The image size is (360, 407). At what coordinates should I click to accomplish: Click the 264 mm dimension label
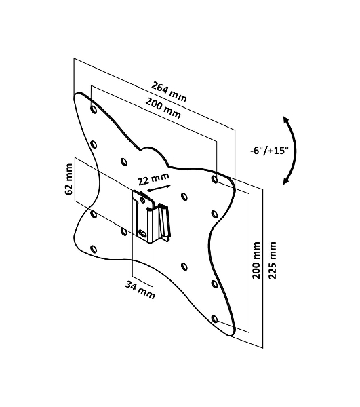(169, 92)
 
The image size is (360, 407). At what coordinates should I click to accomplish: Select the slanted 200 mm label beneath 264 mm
(163, 108)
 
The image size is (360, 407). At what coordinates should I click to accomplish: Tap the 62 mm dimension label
(68, 179)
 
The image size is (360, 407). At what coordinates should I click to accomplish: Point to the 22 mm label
(153, 178)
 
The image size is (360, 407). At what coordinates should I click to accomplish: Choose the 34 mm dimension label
(140, 290)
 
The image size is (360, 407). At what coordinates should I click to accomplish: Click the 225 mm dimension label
(272, 260)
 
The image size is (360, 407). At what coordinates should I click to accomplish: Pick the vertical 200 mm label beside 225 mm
(256, 260)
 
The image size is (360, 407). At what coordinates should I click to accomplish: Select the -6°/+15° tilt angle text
(269, 151)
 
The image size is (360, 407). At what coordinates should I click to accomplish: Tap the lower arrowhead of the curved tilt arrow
(285, 181)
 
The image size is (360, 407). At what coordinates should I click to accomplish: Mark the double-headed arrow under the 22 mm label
(159, 189)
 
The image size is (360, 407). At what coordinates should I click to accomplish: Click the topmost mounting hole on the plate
(94, 109)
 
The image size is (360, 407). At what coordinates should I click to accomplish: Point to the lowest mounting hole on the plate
(214, 319)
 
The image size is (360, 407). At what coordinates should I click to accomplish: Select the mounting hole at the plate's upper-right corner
(214, 179)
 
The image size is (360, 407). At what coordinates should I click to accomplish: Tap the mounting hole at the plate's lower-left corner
(94, 250)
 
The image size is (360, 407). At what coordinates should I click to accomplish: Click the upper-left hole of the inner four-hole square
(124, 162)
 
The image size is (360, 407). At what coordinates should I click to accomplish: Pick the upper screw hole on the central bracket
(142, 200)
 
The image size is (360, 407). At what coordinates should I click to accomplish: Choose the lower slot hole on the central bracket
(142, 233)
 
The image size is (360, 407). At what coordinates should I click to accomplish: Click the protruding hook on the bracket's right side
(163, 221)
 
